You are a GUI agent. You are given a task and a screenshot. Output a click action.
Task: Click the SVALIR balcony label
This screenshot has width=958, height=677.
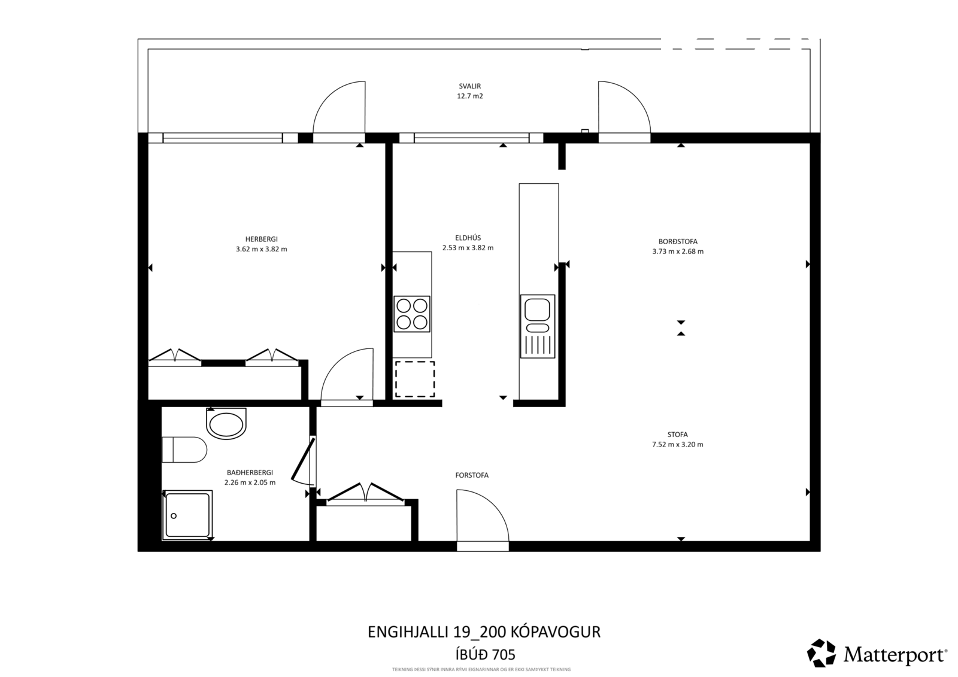pos(469,86)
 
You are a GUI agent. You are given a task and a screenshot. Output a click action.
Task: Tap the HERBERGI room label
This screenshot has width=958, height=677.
pos(261,239)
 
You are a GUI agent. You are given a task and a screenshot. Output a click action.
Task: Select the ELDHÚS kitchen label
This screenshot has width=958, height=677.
pos(468,238)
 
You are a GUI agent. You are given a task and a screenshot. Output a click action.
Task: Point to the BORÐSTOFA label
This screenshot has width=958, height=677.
pos(678,241)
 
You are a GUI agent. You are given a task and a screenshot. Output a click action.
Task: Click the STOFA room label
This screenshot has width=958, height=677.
pos(677,435)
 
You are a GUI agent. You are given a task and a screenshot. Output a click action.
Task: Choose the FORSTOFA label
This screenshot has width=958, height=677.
pos(472,475)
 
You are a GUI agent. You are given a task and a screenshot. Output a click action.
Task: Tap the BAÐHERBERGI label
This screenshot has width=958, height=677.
pos(250,472)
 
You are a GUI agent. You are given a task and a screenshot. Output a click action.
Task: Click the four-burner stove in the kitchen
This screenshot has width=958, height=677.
pos(412,314)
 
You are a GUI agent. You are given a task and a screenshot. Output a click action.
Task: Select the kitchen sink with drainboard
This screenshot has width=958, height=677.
pos(538,326)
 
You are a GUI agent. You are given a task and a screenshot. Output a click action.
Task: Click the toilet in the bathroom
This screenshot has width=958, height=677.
pos(184,450)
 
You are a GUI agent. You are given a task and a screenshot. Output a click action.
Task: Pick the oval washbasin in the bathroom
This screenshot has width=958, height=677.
pos(226,423)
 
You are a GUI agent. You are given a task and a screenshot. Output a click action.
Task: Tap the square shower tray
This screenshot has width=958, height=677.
pos(187,515)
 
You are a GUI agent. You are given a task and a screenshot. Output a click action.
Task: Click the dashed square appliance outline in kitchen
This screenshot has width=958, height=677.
pos(415,379)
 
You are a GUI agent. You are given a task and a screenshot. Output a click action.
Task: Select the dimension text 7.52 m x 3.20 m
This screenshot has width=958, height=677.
pos(677,444)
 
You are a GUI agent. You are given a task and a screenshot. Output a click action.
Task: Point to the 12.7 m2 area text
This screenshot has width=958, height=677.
pos(469,96)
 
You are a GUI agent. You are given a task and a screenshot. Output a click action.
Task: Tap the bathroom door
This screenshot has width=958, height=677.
pos(304,461)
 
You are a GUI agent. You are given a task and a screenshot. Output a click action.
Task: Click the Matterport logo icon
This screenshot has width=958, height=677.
pos(821,653)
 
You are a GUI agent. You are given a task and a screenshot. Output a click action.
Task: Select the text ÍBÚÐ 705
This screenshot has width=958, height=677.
pos(484,654)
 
